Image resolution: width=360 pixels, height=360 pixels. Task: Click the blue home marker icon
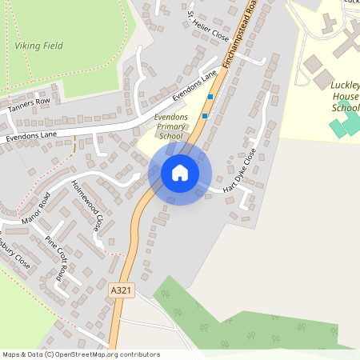pyautogui.click(x=180, y=173)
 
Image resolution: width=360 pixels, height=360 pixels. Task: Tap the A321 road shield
pyautogui.click(x=121, y=290)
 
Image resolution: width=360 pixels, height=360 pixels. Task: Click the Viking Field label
pyautogui.click(x=38, y=46)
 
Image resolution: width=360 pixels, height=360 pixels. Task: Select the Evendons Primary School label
pyautogui.click(x=170, y=127)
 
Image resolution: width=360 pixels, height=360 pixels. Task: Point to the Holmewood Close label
pyautogui.click(x=88, y=206)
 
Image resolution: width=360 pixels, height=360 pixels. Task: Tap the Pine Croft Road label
pyautogui.click(x=56, y=255)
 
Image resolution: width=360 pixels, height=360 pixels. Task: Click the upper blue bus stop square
pyautogui.click(x=210, y=97)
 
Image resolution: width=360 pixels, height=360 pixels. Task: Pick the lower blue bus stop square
pyautogui.click(x=205, y=116)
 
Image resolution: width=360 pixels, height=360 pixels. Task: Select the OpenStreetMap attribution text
pyautogui.click(x=81, y=354)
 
